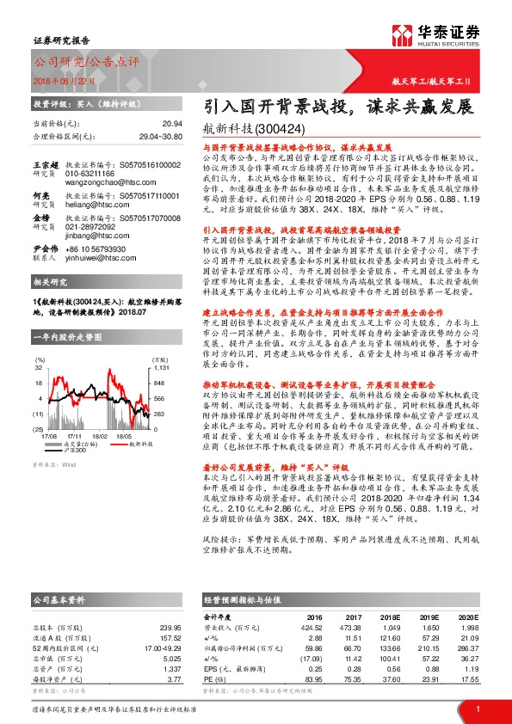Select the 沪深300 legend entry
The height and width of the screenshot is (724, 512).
click(77, 425)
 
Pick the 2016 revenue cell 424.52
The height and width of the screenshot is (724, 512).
click(309, 627)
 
